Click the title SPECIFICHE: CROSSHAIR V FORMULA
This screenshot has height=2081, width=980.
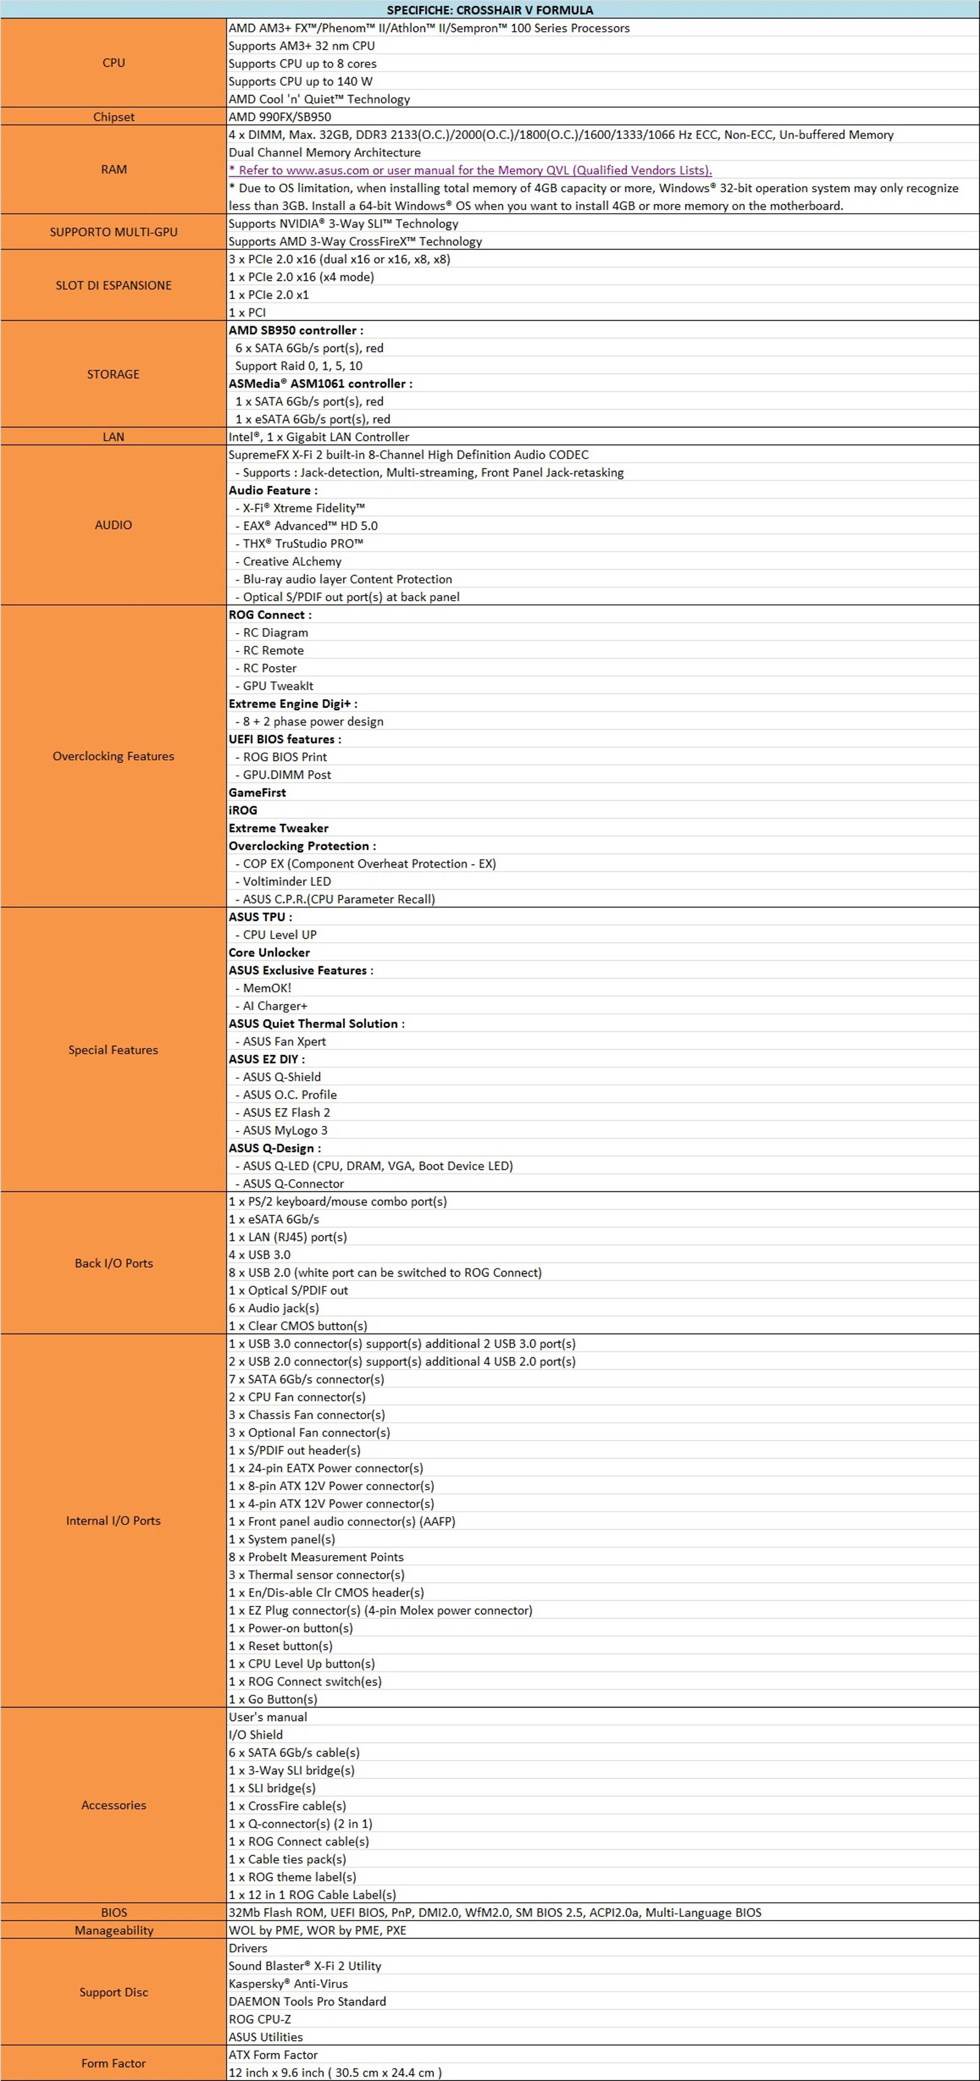(x=489, y=10)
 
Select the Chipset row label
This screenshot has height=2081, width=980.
(x=114, y=117)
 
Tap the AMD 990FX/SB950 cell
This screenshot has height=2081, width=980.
(x=279, y=117)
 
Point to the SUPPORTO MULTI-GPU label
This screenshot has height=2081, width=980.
(x=114, y=232)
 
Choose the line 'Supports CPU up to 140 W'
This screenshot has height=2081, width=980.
(x=301, y=81)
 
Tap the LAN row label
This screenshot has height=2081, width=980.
(x=114, y=437)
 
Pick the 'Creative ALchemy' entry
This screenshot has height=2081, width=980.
(x=292, y=561)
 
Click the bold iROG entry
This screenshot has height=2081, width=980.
(x=243, y=810)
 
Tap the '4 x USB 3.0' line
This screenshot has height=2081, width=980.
(x=259, y=1254)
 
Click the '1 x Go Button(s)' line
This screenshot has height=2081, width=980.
(x=273, y=1699)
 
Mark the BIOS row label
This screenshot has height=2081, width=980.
(x=114, y=1912)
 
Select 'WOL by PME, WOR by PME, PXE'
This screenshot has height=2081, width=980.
(x=317, y=1930)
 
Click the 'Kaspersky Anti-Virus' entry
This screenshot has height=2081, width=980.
(x=288, y=1983)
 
